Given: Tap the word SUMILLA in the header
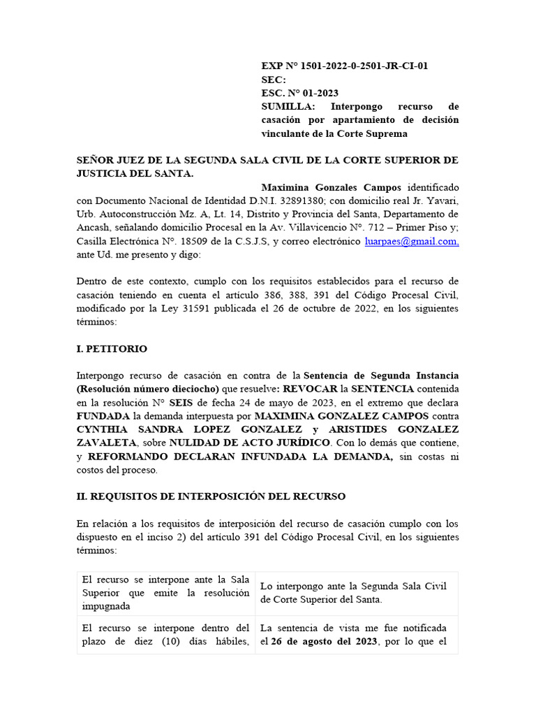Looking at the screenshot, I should click(x=288, y=107).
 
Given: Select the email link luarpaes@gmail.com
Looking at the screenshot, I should click(x=411, y=241).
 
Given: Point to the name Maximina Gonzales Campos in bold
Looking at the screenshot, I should click(x=331, y=188).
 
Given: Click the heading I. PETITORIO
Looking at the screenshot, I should click(x=112, y=348).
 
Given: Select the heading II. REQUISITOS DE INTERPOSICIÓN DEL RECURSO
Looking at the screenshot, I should click(x=211, y=496).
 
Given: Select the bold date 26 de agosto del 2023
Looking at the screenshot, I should click(x=324, y=641).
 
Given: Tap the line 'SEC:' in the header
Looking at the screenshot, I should click(x=274, y=80).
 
